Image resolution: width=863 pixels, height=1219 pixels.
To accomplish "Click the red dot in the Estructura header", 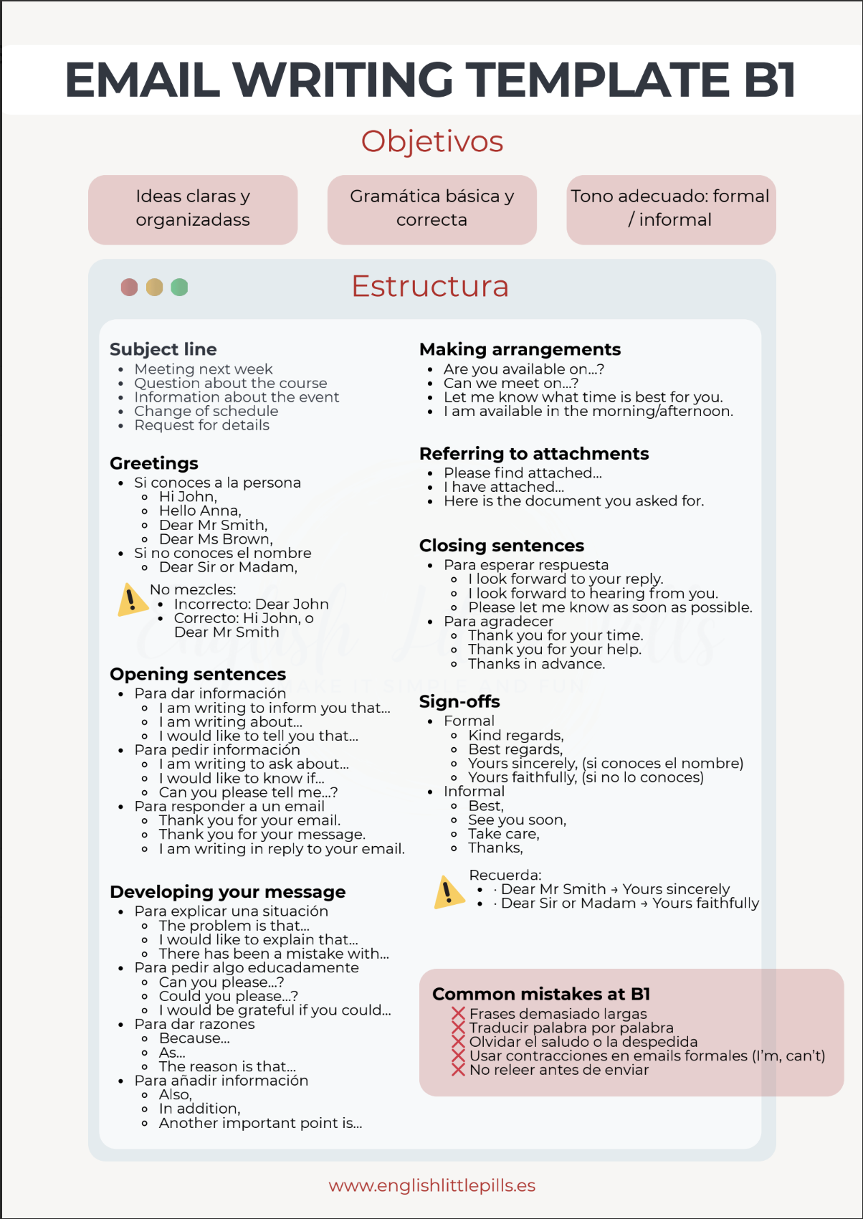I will click(129, 288).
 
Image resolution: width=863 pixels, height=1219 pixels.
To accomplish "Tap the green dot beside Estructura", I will click(179, 288).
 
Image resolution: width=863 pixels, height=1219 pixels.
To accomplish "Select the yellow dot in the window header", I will click(154, 288).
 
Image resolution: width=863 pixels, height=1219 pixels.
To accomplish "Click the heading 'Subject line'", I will click(163, 349).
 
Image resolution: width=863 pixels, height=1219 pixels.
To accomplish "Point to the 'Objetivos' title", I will click(431, 141).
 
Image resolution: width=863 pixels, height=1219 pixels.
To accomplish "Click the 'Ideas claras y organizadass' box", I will click(193, 209).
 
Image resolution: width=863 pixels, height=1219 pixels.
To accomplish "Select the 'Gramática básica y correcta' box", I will click(431, 209).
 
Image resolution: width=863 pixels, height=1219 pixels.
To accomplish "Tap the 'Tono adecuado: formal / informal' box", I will click(670, 209).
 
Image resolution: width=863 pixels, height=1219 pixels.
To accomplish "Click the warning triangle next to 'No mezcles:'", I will click(132, 600).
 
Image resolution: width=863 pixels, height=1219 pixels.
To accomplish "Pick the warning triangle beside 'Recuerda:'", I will click(449, 893).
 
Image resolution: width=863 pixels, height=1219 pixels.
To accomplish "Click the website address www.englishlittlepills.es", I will click(431, 1185).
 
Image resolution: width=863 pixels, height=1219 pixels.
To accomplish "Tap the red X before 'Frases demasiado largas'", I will click(459, 1014).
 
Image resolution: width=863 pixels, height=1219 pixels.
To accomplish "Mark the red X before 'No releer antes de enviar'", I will click(459, 1070).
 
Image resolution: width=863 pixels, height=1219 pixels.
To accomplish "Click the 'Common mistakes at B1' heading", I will click(541, 994).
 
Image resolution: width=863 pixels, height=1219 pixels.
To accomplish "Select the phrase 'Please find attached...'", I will click(523, 473).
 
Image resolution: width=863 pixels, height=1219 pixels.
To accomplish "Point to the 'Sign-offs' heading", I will click(459, 701).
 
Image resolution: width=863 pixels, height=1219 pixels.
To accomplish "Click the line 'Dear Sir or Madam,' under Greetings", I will click(228, 567).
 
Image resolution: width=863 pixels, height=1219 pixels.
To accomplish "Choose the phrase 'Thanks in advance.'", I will click(536, 664).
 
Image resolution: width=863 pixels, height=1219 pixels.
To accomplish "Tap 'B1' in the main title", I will click(770, 80).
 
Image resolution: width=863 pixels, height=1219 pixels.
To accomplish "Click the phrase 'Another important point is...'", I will click(260, 1123).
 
